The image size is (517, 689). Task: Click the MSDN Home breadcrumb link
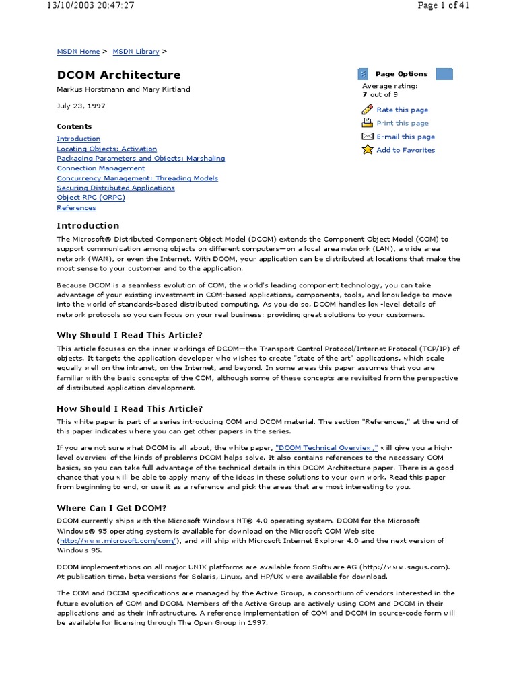click(x=78, y=52)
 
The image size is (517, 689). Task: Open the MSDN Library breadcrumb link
click(x=135, y=52)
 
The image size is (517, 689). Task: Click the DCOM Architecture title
click(x=118, y=75)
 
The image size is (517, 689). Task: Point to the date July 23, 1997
click(x=81, y=106)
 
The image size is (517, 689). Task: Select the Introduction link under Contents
click(x=79, y=139)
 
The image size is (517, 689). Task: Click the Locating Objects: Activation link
click(x=106, y=149)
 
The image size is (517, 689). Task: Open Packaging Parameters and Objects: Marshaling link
click(x=141, y=159)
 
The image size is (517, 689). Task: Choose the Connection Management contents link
click(x=100, y=168)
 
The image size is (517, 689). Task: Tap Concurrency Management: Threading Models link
click(x=137, y=178)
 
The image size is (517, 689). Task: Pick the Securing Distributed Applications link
click(x=116, y=188)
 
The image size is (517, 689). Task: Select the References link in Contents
click(x=76, y=208)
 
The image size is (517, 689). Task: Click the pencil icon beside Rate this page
click(x=367, y=110)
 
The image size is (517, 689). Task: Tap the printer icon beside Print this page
click(x=367, y=123)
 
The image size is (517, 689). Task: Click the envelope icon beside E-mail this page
click(x=367, y=137)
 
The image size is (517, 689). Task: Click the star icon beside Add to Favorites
click(x=367, y=149)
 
